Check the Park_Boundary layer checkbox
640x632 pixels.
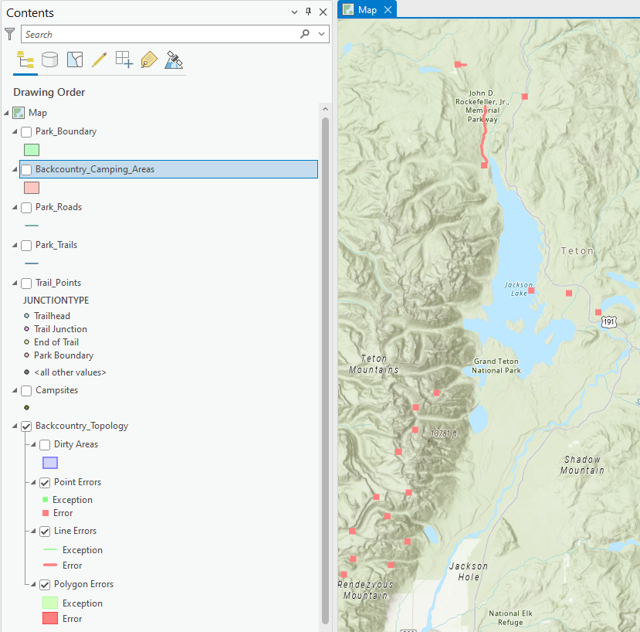tap(26, 132)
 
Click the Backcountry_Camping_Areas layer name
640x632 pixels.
tap(94, 169)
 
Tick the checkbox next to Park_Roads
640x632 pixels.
tap(26, 208)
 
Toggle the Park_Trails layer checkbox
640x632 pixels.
tap(26, 246)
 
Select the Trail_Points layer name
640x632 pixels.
tap(58, 283)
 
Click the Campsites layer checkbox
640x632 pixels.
tap(26, 391)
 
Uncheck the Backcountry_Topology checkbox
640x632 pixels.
tap(26, 426)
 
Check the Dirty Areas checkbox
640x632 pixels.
tap(45, 445)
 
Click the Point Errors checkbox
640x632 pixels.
tap(45, 483)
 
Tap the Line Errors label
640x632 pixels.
tap(75, 531)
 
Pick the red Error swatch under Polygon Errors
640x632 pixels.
tap(50, 618)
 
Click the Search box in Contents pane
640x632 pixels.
tap(161, 34)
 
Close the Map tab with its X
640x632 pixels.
tap(388, 10)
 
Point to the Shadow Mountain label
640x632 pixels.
tap(582, 464)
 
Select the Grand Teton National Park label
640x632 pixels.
tap(496, 366)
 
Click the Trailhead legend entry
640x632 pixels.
tap(52, 316)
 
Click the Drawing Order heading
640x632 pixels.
tap(49, 92)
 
